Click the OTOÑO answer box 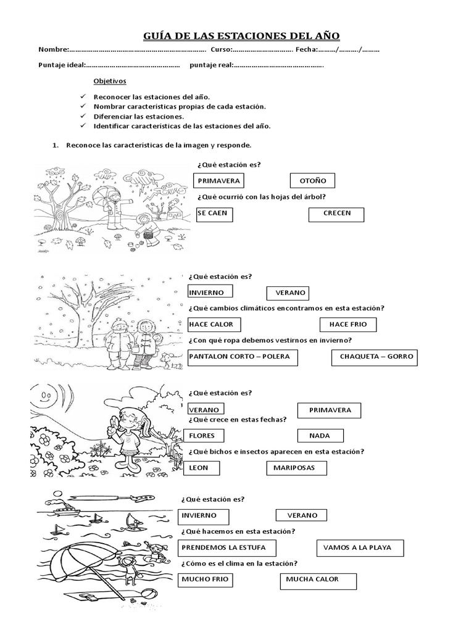click(x=312, y=181)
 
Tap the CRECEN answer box click(x=336, y=214)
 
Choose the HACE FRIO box click(x=347, y=325)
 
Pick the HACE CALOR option click(x=214, y=325)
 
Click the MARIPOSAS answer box click(x=296, y=468)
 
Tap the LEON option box click(x=206, y=468)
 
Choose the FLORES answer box click(x=207, y=436)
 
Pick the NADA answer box click(x=320, y=436)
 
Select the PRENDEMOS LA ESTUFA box click(x=227, y=548)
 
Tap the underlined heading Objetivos click(x=109, y=81)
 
